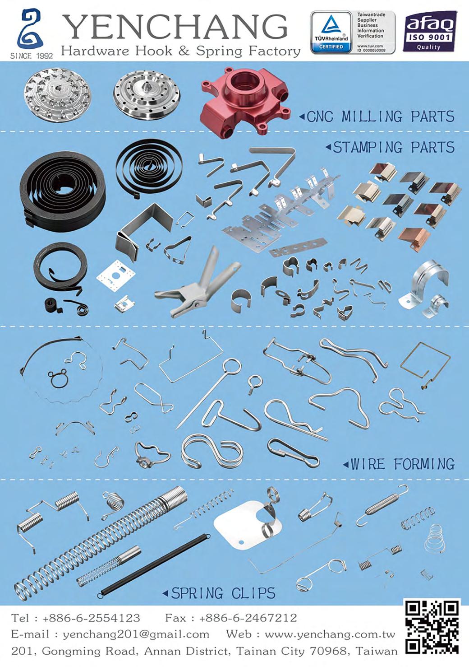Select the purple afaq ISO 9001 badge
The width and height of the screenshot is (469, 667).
tap(430, 32)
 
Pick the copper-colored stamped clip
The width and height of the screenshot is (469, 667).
tap(414, 237)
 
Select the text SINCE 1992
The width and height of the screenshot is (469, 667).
tap(32, 56)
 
